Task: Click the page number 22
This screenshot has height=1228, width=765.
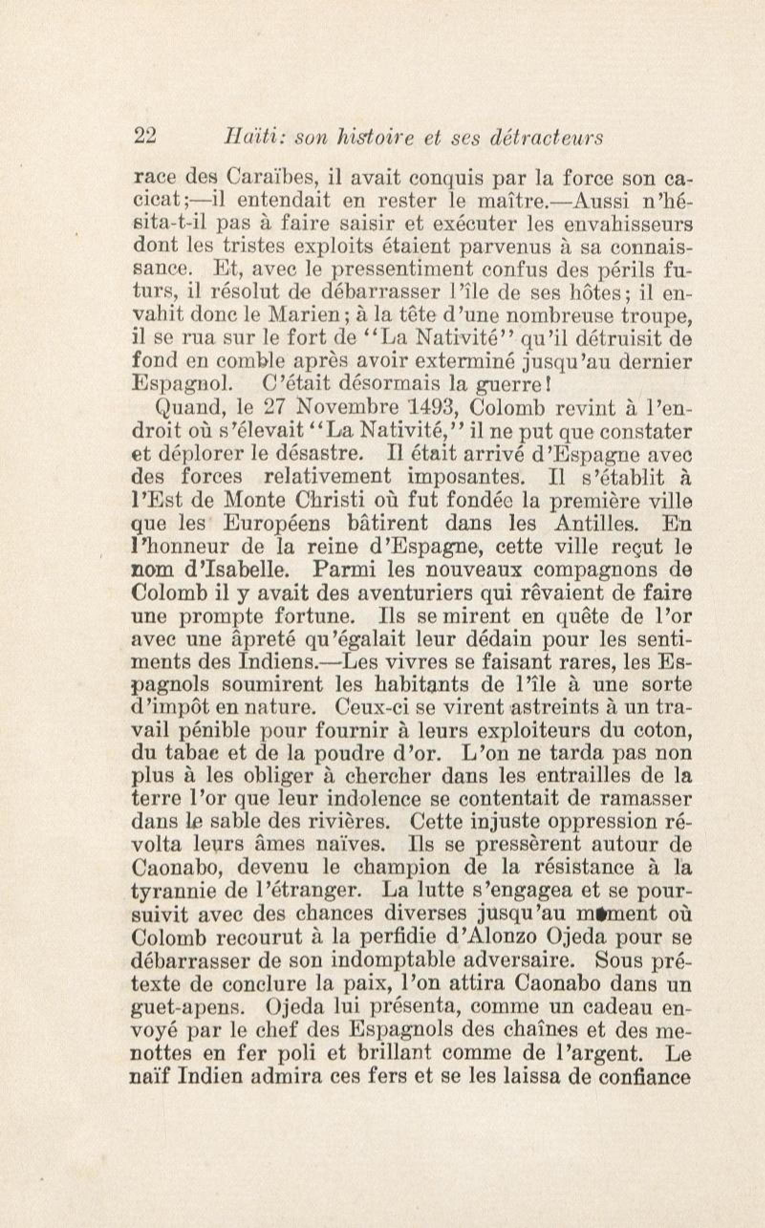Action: [145, 137]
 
